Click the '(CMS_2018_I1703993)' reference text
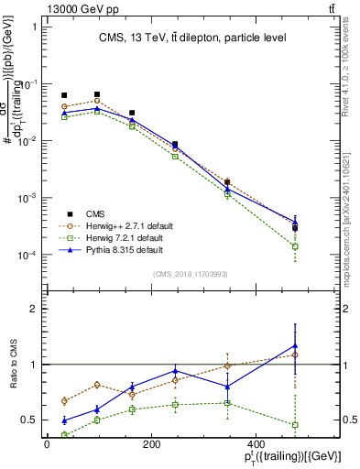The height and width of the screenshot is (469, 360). pyautogui.click(x=192, y=274)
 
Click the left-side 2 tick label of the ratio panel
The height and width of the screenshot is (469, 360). pyautogui.click(x=34, y=309)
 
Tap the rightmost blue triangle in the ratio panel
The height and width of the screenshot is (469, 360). pyautogui.click(x=295, y=345)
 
